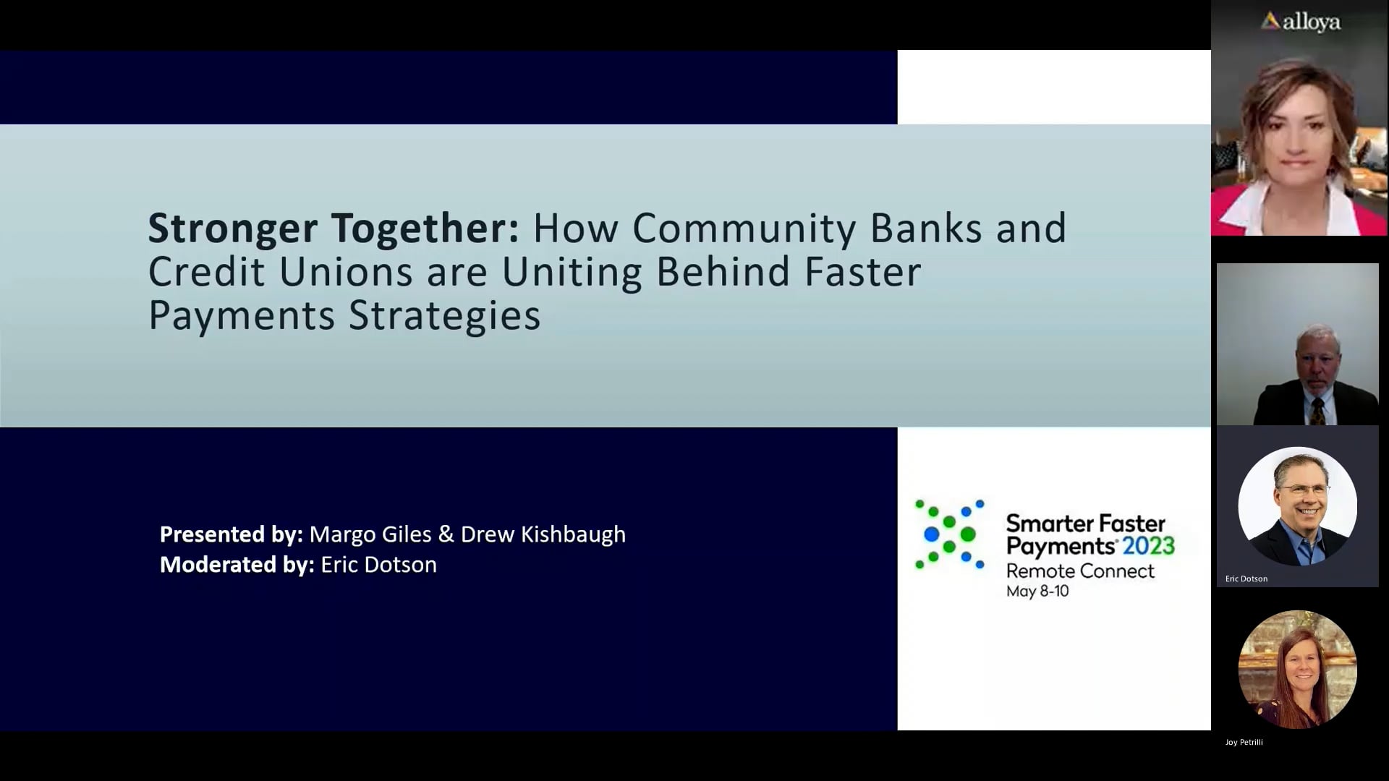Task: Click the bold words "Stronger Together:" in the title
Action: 334,229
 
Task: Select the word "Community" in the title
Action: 744,229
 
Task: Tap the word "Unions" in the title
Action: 346,272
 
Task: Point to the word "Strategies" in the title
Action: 444,315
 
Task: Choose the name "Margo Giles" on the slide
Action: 370,534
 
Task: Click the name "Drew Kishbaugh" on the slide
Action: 543,534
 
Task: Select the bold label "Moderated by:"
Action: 237,565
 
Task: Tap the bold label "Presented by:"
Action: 231,534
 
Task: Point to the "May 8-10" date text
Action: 1037,592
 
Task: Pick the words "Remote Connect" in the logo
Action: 1080,571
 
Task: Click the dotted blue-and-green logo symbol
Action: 949,534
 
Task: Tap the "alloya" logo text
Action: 1310,22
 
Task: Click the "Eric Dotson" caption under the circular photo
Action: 1246,579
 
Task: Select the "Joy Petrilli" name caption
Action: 1244,742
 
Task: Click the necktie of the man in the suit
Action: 1317,411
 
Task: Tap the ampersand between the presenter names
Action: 446,534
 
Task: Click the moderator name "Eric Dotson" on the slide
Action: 378,565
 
